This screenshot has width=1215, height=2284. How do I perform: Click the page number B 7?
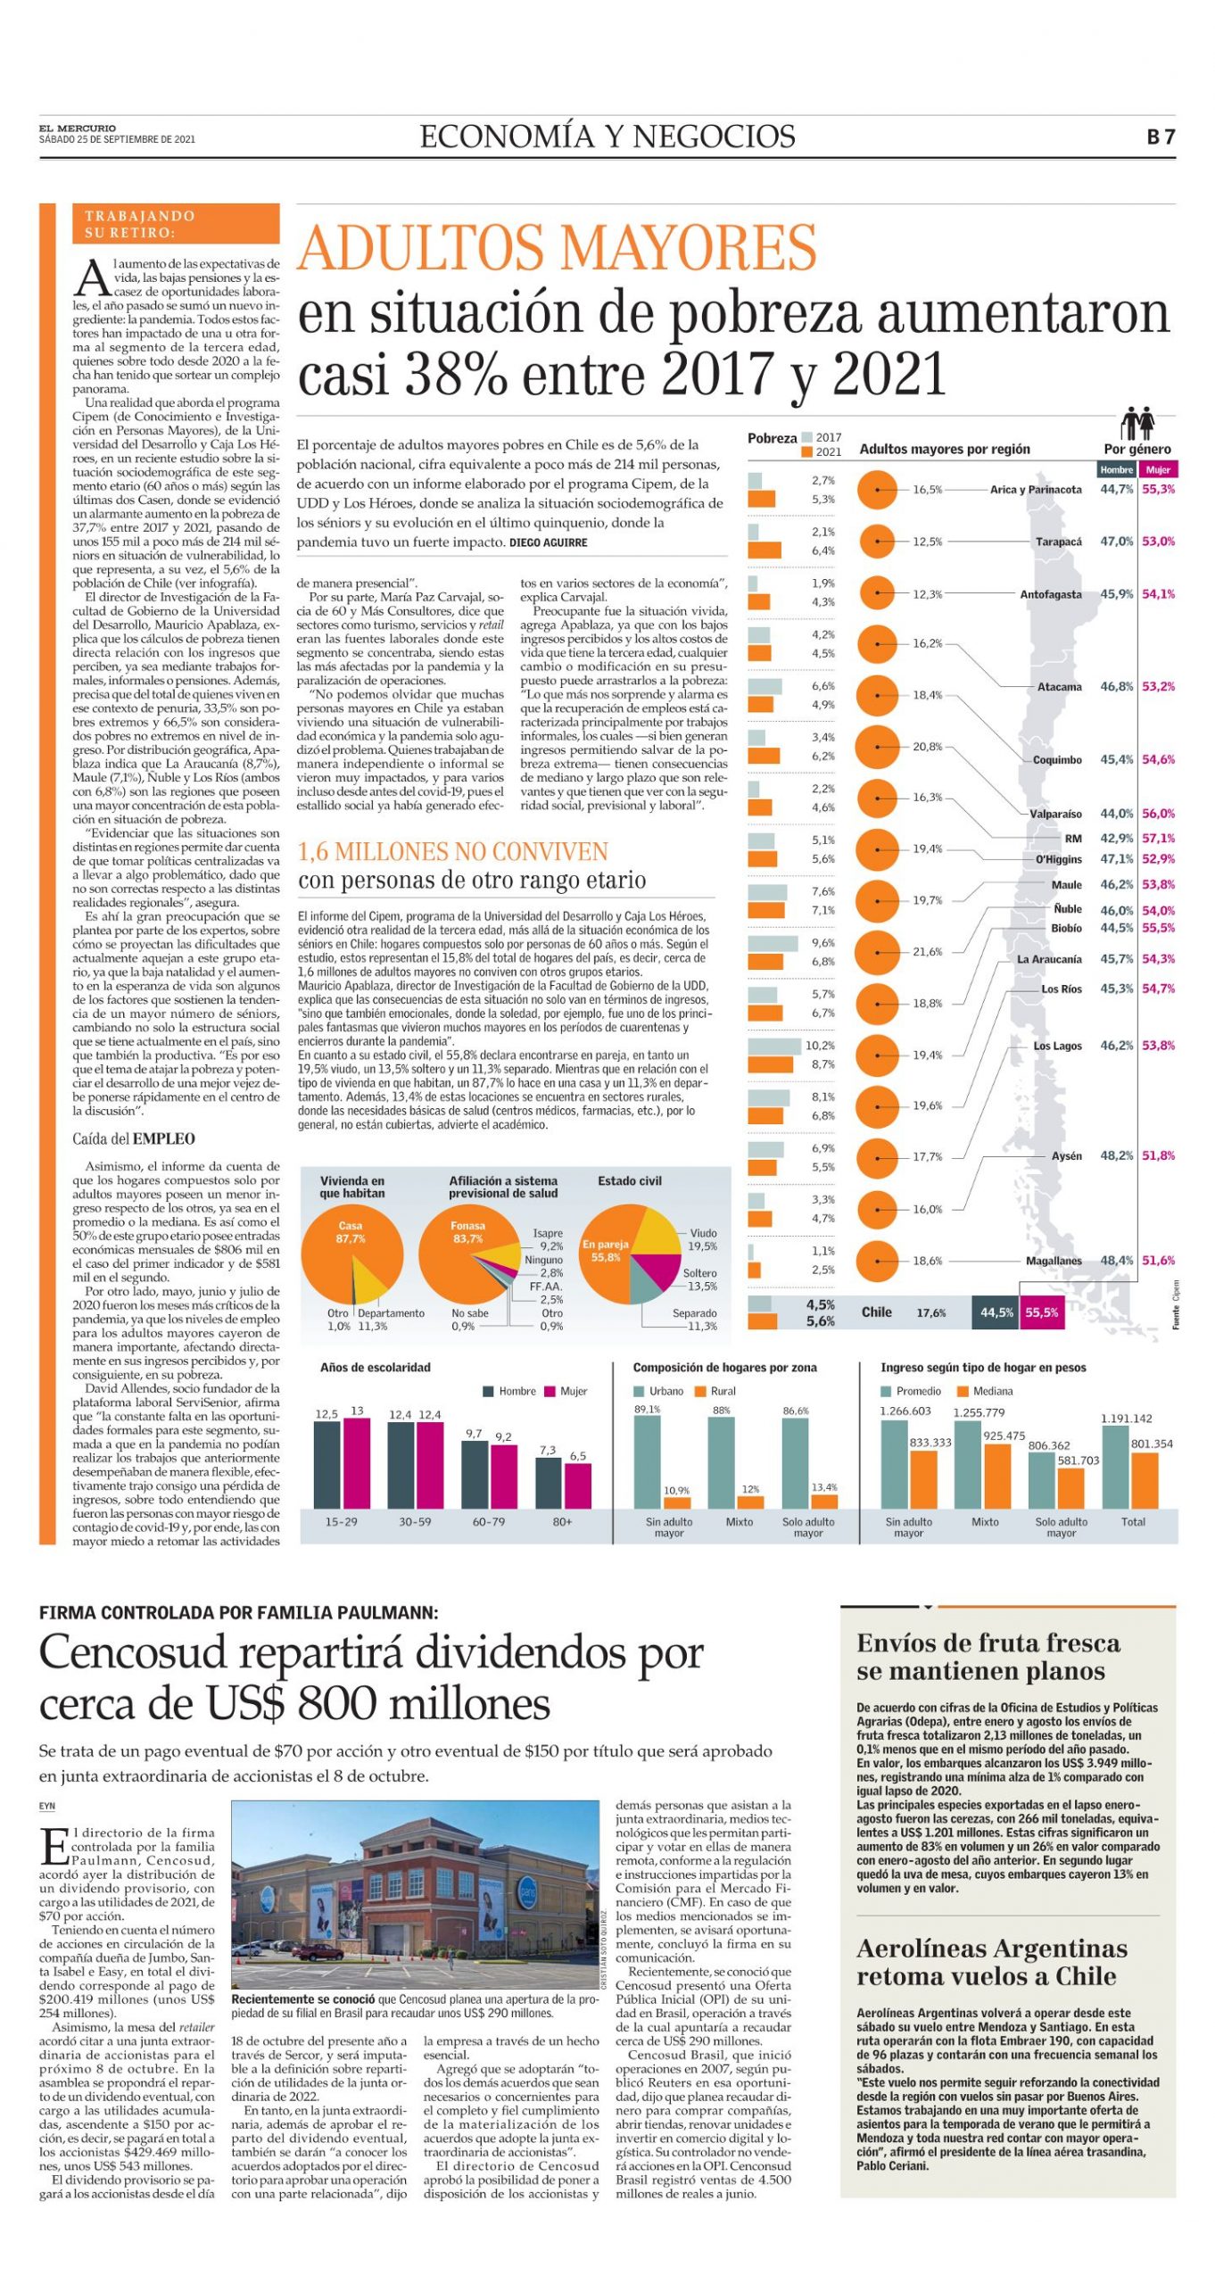pos(1161,137)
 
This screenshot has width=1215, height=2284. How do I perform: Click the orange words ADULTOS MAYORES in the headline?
pos(557,247)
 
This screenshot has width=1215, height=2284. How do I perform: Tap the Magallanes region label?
pos(1054,1261)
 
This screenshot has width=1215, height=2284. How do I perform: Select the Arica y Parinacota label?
pos(1036,489)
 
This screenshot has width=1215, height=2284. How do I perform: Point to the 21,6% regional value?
pos(927,951)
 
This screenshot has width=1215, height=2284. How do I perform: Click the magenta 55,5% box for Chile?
pos(1041,1312)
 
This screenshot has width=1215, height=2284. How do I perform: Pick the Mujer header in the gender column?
pos(1158,469)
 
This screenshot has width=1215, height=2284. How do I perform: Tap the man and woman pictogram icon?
pos(1137,423)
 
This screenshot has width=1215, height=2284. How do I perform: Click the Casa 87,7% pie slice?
pos(344,1249)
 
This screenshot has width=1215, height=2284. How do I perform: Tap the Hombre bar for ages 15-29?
pos(327,1464)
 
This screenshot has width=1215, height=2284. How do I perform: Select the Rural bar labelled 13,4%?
pos(823,1501)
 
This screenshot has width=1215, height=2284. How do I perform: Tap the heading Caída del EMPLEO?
pos(134,1138)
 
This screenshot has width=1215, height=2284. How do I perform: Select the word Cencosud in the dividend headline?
pos(133,1653)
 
